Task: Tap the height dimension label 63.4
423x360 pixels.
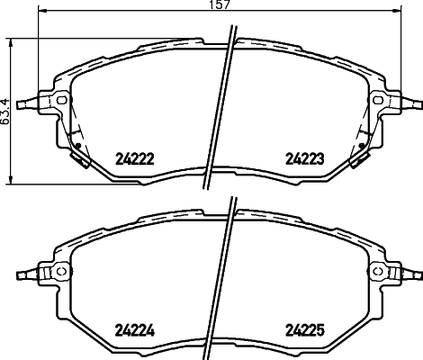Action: point(6,111)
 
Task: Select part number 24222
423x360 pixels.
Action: point(136,159)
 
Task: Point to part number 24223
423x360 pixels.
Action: point(304,159)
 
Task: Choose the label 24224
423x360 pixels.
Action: point(136,328)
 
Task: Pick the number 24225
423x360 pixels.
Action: point(304,328)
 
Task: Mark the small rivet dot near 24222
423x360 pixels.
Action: point(78,146)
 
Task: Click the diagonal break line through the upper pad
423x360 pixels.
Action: point(220,108)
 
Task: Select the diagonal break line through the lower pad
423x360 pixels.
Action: point(220,279)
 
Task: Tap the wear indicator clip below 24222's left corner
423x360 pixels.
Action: point(79,159)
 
